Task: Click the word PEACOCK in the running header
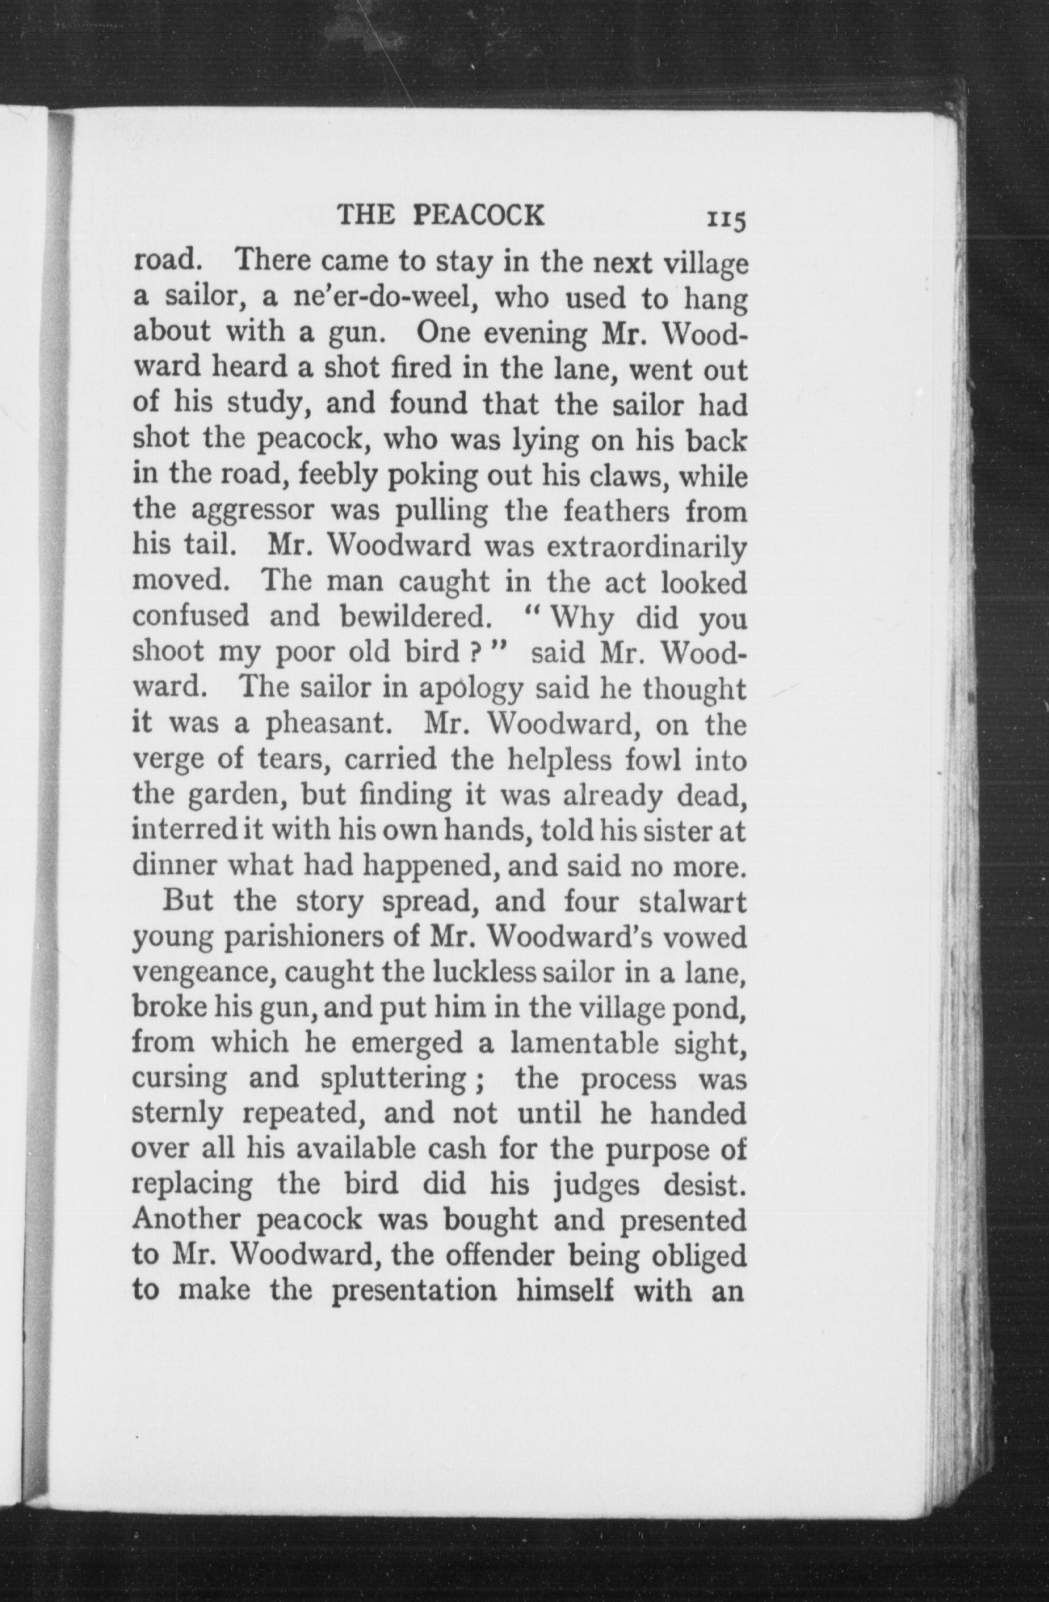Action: pos(478,215)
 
